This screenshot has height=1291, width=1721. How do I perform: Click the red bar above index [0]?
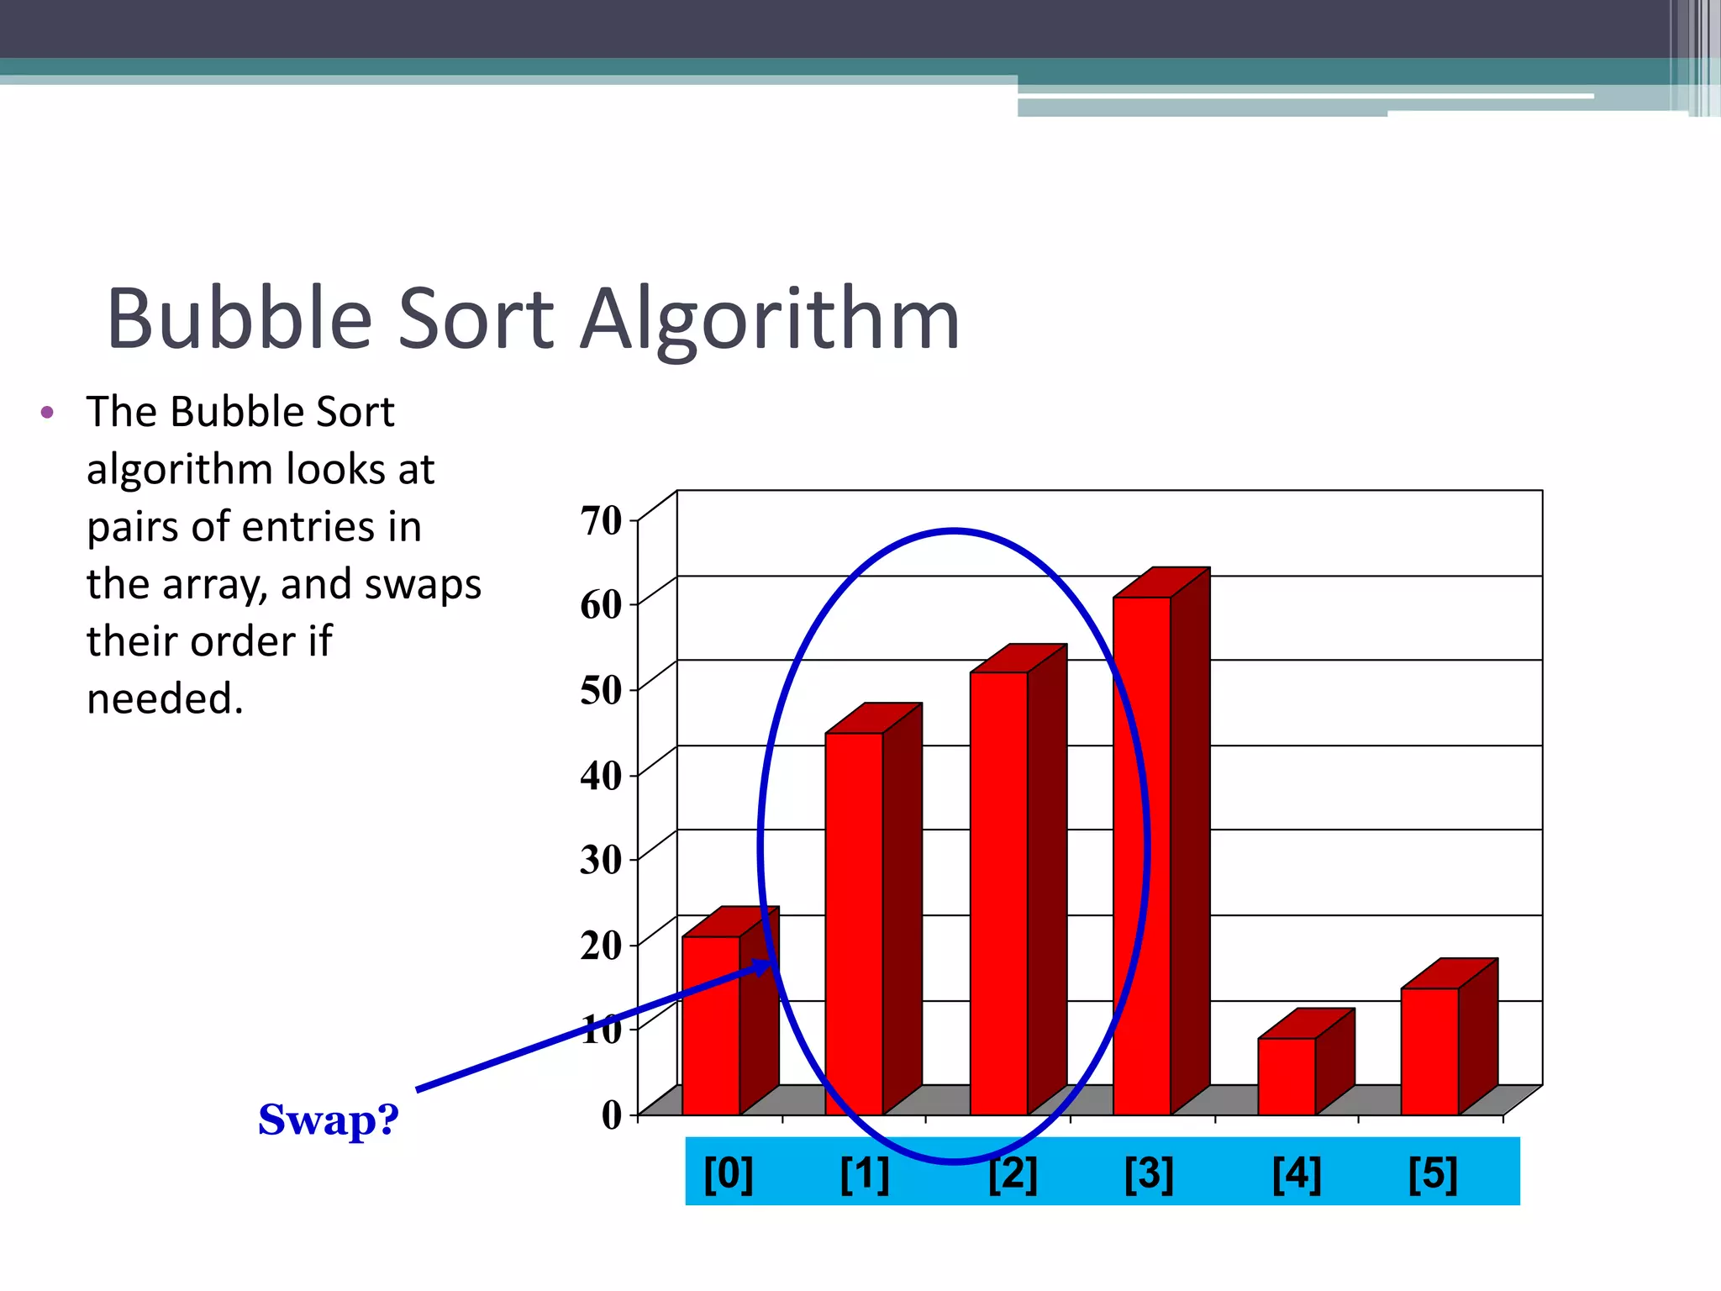711,1025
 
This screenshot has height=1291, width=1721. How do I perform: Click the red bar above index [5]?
1429,1051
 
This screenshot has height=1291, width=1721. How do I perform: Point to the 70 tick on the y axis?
601,520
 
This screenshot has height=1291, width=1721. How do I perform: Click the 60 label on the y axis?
601,604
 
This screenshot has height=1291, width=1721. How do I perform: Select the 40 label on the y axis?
601,775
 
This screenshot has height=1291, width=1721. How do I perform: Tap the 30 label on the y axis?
601,860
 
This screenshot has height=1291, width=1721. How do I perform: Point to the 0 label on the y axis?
612,1114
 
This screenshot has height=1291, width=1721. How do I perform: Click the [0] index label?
729,1173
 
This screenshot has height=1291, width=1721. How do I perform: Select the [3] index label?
1149,1173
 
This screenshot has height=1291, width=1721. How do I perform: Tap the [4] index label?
1297,1173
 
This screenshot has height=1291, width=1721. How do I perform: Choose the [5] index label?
1433,1173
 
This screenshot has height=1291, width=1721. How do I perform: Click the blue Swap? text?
328,1120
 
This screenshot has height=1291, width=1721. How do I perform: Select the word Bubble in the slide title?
239,319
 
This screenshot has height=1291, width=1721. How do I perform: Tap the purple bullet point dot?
48,413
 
